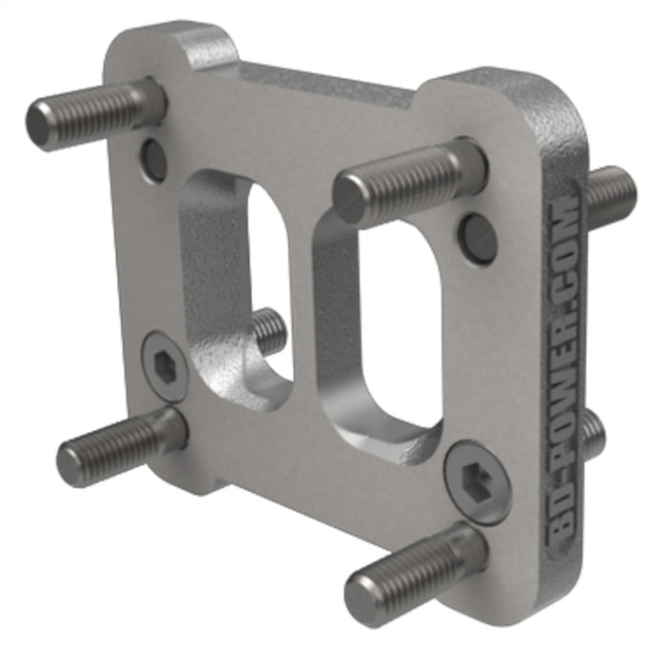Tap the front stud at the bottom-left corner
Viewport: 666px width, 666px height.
[119, 447]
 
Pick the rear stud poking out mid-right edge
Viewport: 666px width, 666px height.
[593, 434]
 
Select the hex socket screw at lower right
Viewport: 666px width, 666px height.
[477, 480]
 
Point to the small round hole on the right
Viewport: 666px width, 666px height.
[476, 236]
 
